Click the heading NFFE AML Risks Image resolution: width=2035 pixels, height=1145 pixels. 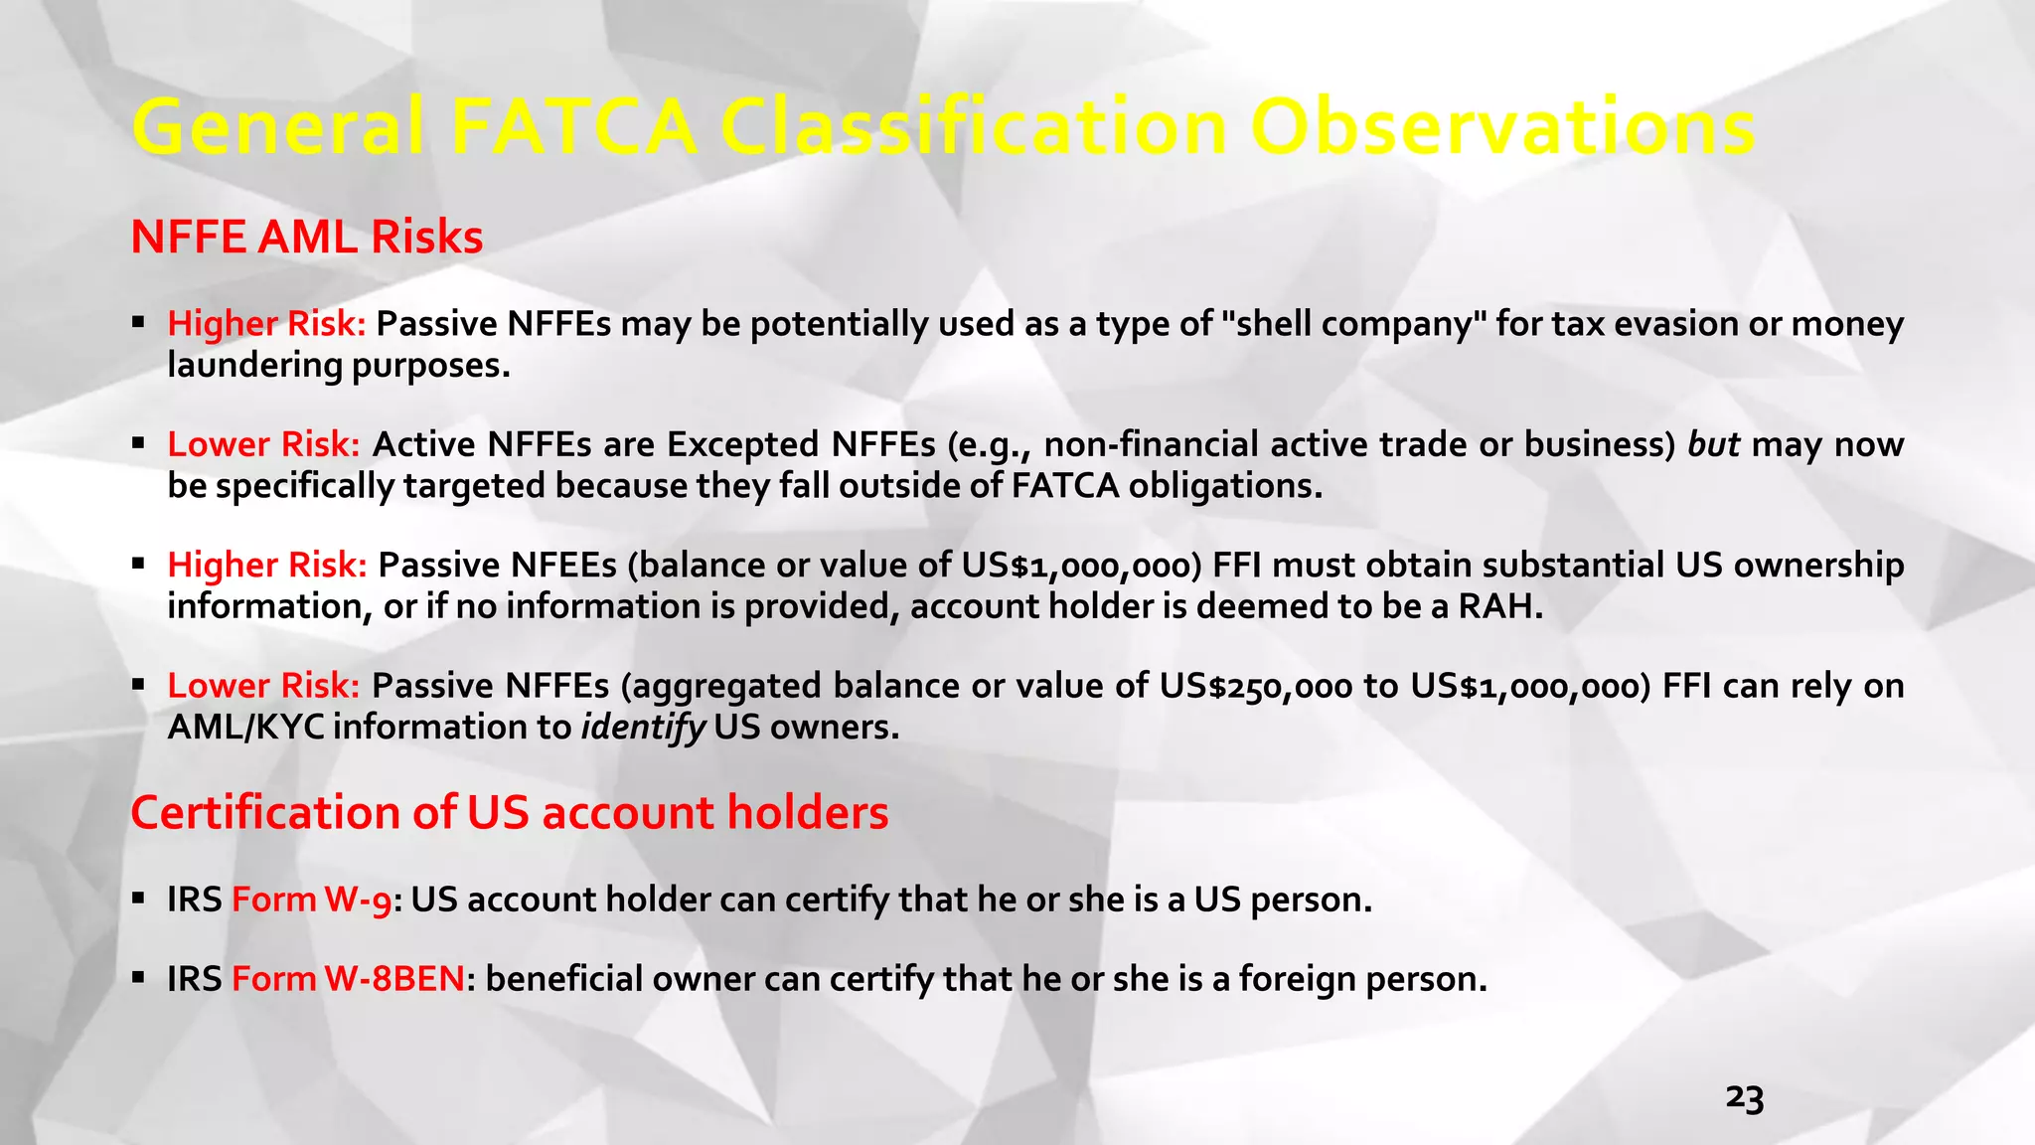pyautogui.click(x=306, y=238)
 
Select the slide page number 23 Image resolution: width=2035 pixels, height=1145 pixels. pyautogui.click(x=1744, y=1098)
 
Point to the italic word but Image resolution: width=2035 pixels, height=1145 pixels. pyautogui.click(x=1713, y=444)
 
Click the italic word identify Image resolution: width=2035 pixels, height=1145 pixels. pyautogui.click(x=642, y=728)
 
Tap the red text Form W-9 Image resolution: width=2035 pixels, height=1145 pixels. pyautogui.click(x=311, y=900)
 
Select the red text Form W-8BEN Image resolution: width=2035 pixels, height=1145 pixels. pyautogui.click(x=348, y=979)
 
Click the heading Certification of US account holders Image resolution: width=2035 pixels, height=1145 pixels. pyautogui.click(x=509, y=813)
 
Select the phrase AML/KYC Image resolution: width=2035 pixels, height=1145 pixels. pyautogui.click(x=245, y=728)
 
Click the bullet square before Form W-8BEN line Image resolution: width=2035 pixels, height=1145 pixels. pyautogui.click(x=139, y=978)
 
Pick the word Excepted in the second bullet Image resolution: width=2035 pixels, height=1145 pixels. pyautogui.click(x=743, y=444)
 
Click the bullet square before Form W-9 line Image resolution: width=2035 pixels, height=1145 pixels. pyautogui.click(x=139, y=899)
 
